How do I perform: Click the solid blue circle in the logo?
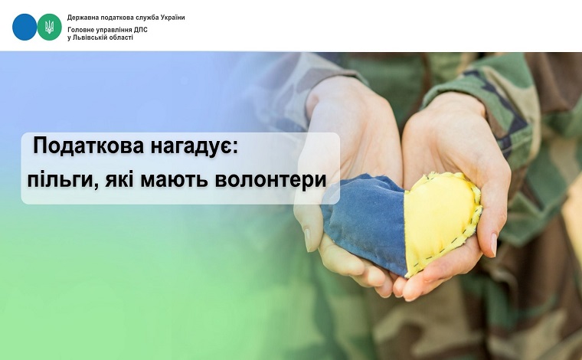point(25,27)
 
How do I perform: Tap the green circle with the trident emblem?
point(49,27)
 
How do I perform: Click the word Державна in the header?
point(79,18)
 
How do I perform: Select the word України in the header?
point(173,18)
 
